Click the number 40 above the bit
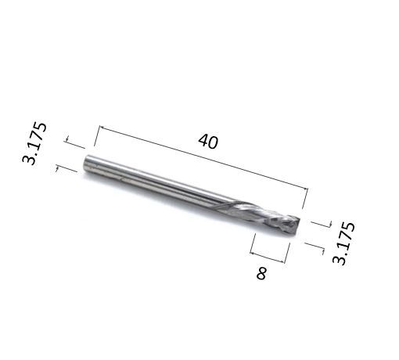208,141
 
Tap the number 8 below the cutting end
261,273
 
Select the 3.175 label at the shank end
34,143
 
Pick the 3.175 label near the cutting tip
343,243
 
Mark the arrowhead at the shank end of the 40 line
102,128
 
